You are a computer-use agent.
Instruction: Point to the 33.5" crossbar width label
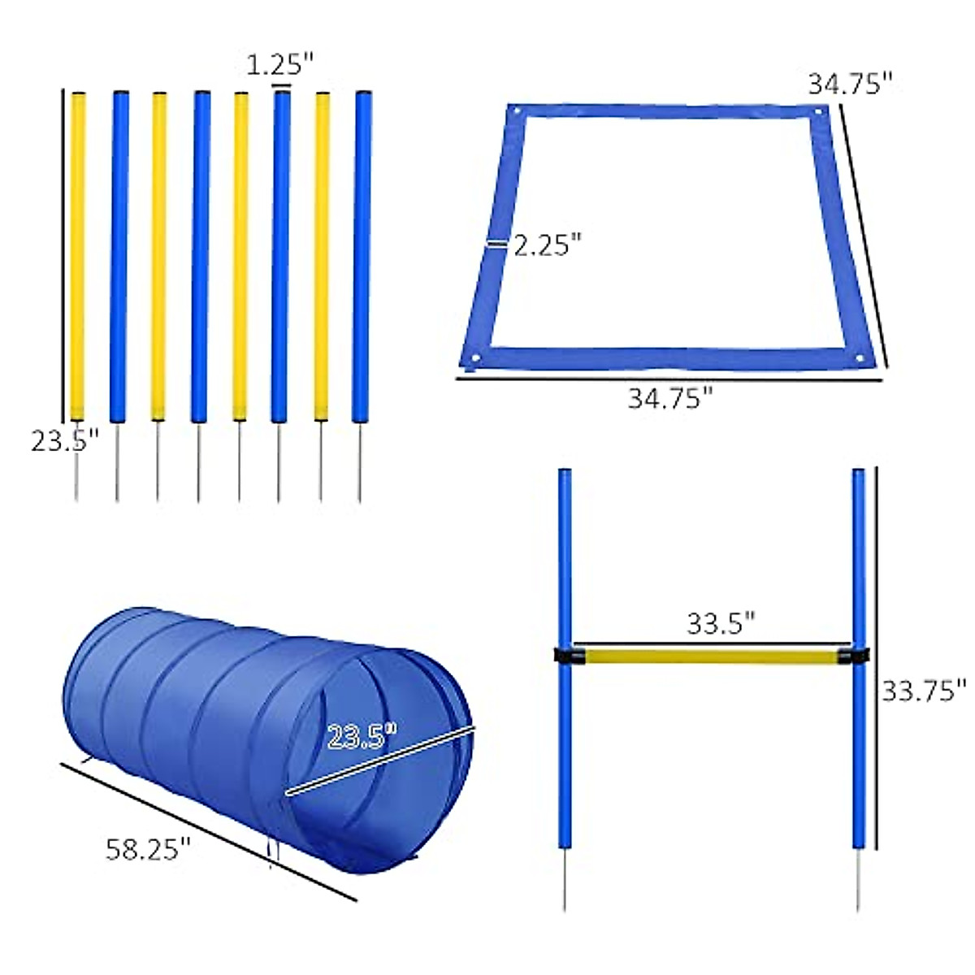point(721,624)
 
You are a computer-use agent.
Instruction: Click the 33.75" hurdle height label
point(925,691)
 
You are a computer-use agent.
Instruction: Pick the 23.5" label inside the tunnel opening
point(362,738)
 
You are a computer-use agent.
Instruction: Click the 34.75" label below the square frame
point(670,398)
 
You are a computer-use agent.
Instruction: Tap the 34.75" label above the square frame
point(850,84)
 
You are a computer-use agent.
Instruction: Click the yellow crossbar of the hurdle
point(707,655)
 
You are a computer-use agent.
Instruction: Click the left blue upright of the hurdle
point(564,569)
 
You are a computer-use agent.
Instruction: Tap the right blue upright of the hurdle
point(858,569)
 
